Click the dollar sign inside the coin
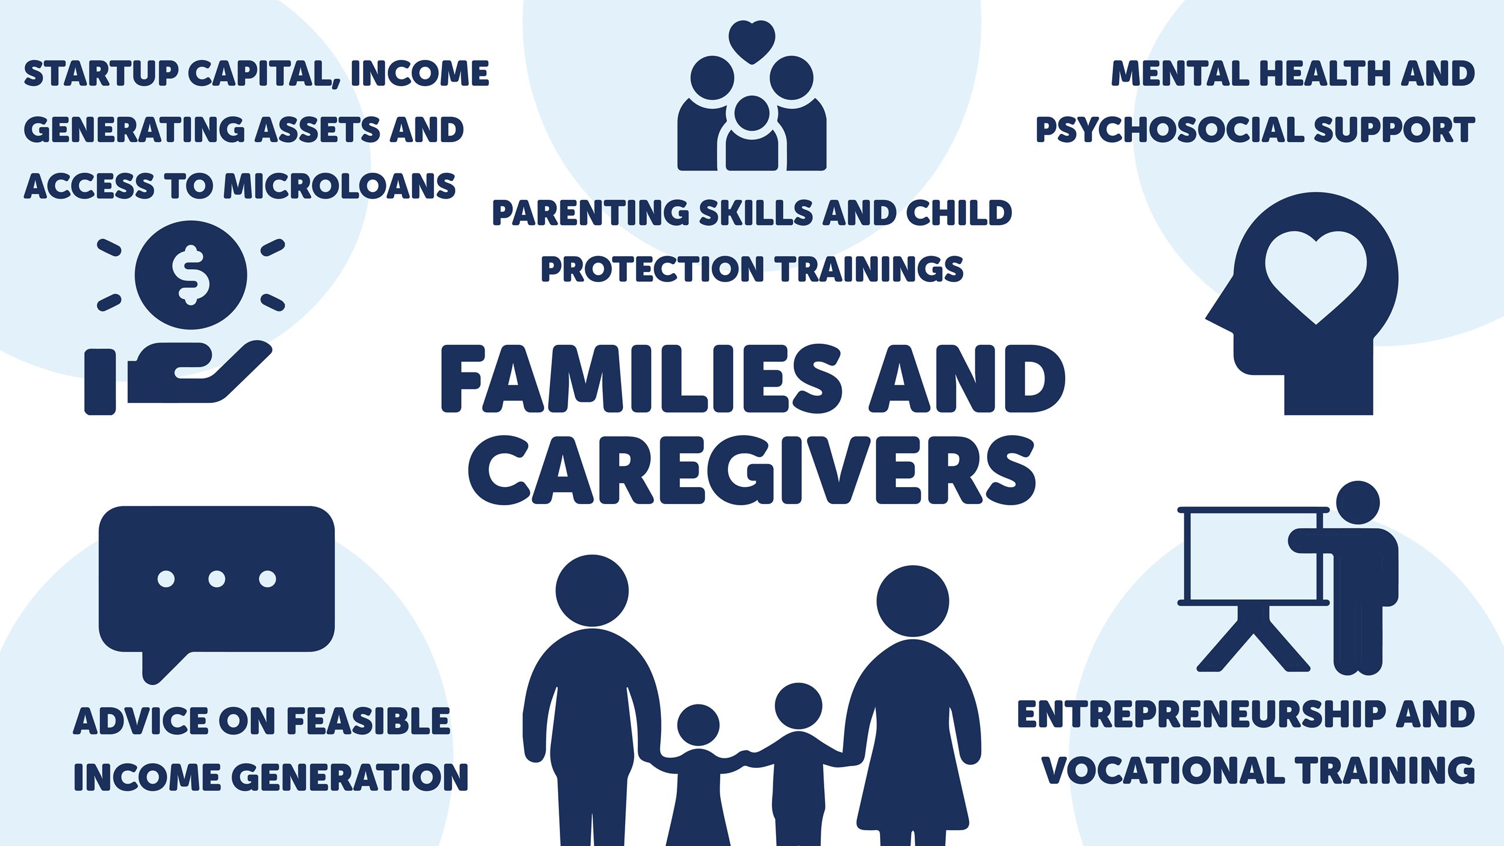pyautogui.click(x=190, y=275)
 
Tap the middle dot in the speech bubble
pyautogui.click(x=217, y=579)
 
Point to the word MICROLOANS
pyautogui.click(x=340, y=186)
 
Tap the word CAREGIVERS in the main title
pyautogui.click(x=752, y=470)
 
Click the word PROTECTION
pyautogui.click(x=652, y=269)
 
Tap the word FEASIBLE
pyautogui.click(x=368, y=721)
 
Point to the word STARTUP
pyautogui.click(x=102, y=73)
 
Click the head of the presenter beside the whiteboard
pyautogui.click(x=1358, y=502)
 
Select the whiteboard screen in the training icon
pyautogui.click(x=1253, y=556)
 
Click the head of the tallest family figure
pyautogui.click(x=592, y=590)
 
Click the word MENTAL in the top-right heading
pyautogui.click(x=1180, y=73)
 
